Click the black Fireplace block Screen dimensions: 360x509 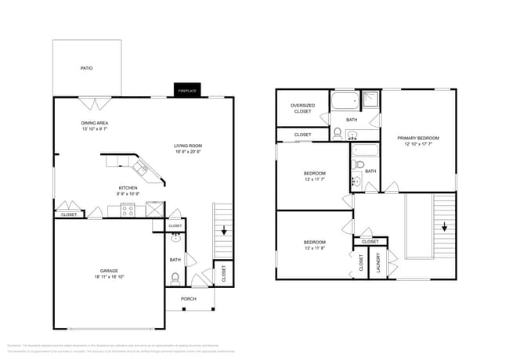click(x=186, y=90)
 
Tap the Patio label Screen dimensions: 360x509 click(x=87, y=69)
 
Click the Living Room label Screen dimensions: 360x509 click(x=188, y=146)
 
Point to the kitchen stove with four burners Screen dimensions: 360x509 click(x=128, y=209)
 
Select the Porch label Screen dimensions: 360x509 click(x=188, y=299)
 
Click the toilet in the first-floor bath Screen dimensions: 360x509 click(x=175, y=277)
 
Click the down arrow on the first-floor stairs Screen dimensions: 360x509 click(x=224, y=231)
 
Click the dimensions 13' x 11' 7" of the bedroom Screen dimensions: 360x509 click(x=315, y=179)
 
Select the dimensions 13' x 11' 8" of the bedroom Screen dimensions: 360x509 click(x=315, y=248)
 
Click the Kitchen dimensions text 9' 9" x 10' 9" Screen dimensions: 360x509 click(x=128, y=194)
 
